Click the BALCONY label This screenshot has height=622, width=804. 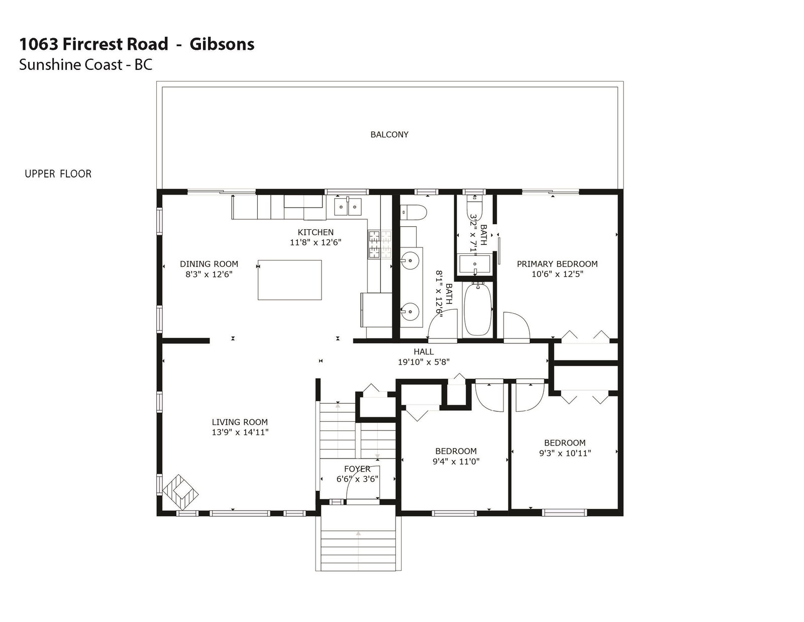389,135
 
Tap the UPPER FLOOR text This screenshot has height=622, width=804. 58,174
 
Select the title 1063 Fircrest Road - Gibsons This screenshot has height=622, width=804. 137,44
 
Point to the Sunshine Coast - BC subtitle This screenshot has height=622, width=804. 85,65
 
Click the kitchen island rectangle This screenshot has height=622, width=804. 289,280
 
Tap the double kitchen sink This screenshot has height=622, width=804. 348,207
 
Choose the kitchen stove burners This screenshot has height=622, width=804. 379,244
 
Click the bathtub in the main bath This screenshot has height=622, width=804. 478,309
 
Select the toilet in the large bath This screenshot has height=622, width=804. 414,213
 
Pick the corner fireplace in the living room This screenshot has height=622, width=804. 180,493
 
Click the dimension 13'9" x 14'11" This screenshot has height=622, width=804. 240,432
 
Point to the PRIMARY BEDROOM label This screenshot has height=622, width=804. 557,264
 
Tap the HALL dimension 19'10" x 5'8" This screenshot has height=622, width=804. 424,362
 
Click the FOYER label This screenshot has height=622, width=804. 357,469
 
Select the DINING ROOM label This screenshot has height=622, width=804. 209,264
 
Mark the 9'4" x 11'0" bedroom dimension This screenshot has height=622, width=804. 456,461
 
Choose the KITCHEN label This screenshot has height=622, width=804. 316,232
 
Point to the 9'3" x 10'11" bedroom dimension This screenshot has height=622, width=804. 565,453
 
